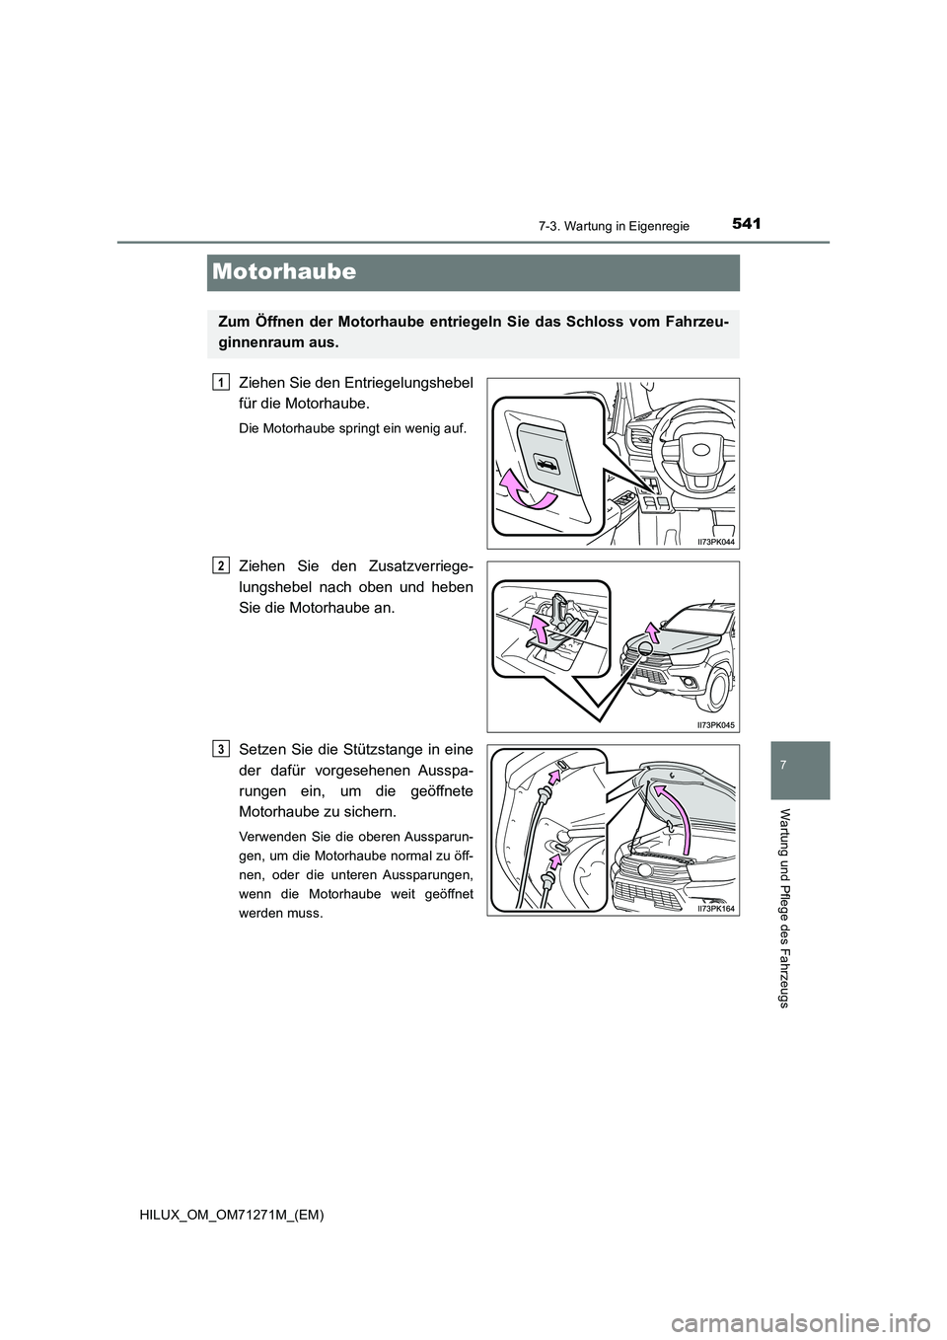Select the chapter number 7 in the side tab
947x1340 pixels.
tap(795, 766)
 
